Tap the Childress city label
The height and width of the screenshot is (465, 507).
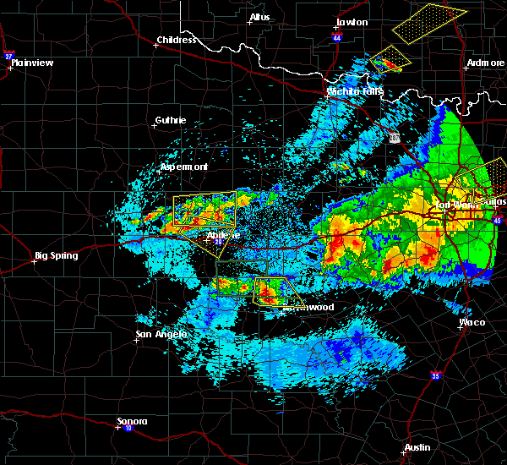tap(177, 40)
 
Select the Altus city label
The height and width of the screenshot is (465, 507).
tap(259, 17)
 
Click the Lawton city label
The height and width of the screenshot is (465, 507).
tap(352, 22)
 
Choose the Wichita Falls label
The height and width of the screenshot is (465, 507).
tap(355, 90)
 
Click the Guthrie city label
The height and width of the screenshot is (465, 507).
tap(171, 120)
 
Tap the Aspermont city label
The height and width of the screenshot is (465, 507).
tap(184, 167)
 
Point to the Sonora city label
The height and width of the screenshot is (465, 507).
tap(133, 421)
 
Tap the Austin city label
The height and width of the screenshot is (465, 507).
tap(417, 447)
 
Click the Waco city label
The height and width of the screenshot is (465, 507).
tap(472, 322)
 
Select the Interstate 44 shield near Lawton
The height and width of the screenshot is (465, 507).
tap(337, 38)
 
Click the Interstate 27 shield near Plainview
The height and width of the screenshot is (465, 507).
tap(8, 56)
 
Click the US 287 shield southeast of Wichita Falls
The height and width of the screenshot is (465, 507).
tap(396, 137)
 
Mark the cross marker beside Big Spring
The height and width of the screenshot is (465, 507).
tap(35, 261)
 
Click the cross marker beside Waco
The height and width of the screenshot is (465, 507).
tap(460, 328)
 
